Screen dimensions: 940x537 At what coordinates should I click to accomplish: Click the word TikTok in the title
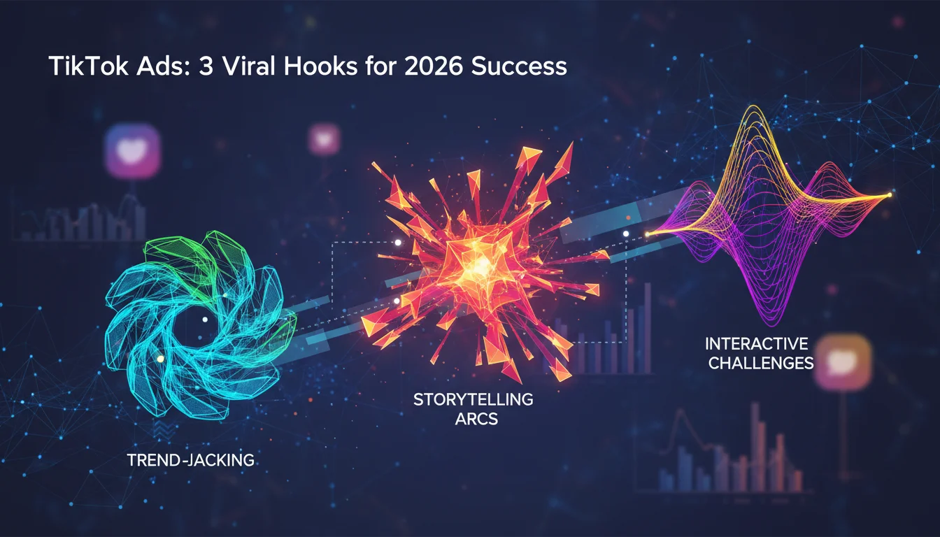pyautogui.click(x=89, y=66)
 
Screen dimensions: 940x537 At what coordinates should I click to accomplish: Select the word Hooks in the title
pyautogui.click(x=320, y=66)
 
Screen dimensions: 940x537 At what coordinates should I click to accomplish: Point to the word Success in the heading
pyautogui.click(x=519, y=66)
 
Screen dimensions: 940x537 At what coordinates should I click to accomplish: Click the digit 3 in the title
pyautogui.click(x=206, y=66)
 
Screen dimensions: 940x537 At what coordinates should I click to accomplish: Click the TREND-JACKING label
pyautogui.click(x=190, y=460)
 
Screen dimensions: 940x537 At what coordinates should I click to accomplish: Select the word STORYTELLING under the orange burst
pyautogui.click(x=473, y=399)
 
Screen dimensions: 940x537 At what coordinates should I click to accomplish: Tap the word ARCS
pyautogui.click(x=476, y=419)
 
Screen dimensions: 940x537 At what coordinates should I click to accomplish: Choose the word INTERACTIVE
pyautogui.click(x=756, y=344)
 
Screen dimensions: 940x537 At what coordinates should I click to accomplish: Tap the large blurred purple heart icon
pyautogui.click(x=133, y=151)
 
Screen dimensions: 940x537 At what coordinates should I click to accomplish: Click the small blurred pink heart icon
pyautogui.click(x=324, y=138)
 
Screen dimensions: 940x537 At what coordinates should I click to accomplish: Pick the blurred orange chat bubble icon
pyautogui.click(x=843, y=361)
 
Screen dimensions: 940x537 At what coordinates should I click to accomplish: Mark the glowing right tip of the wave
pyautogui.click(x=890, y=194)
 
